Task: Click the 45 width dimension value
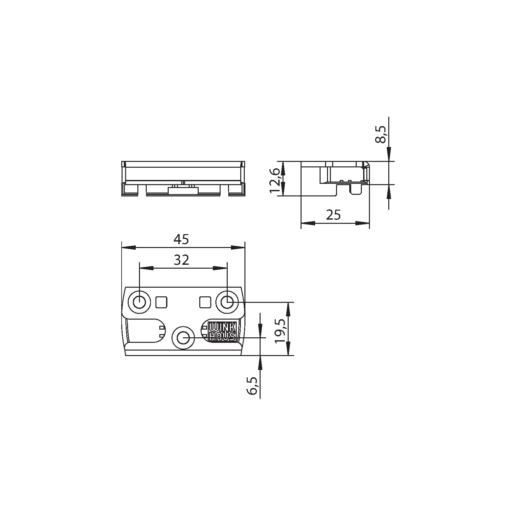[181, 239]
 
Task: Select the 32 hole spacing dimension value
[181, 260]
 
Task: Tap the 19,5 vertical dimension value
[281, 331]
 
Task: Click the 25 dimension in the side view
[333, 215]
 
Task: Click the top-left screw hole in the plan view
[139, 303]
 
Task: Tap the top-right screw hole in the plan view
[227, 303]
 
